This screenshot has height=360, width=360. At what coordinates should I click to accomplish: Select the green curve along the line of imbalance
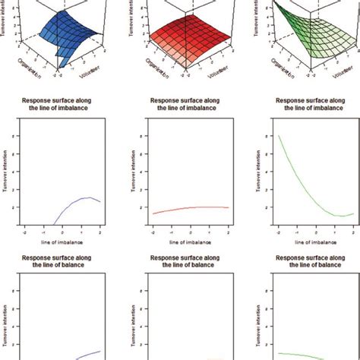point(304,190)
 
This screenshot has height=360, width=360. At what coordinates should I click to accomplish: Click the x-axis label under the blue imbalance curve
point(62,242)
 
